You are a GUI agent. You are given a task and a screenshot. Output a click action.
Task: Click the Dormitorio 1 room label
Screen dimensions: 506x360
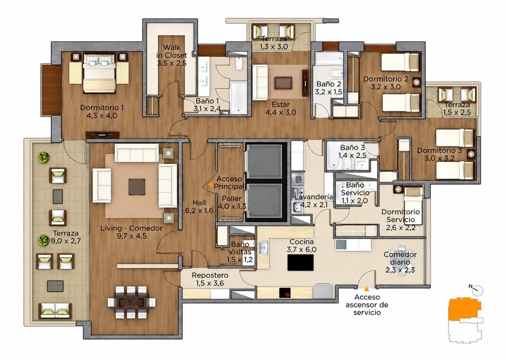[102, 111]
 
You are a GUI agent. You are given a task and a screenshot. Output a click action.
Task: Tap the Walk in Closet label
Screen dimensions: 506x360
[172, 55]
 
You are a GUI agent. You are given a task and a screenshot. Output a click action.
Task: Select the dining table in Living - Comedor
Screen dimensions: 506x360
[132, 302]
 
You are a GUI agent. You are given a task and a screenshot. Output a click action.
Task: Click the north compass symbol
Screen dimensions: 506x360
[476, 290]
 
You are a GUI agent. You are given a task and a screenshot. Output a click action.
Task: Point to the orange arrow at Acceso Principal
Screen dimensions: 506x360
[210, 184]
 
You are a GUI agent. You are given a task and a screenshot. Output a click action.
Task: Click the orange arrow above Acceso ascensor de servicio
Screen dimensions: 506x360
[366, 289]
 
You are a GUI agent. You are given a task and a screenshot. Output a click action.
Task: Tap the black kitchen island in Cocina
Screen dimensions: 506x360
[300, 263]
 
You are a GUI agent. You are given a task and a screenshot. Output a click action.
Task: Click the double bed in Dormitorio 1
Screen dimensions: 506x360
[100, 73]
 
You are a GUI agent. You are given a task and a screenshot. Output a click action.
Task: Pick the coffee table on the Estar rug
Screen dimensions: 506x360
[283, 83]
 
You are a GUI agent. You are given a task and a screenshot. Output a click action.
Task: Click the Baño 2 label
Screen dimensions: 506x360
[328, 88]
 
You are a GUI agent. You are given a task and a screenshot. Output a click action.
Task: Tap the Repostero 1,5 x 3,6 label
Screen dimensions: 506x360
[210, 279]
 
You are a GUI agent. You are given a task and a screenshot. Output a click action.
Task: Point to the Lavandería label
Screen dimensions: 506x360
[313, 197]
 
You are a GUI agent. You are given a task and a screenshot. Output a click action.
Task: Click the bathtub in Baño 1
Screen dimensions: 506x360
[239, 97]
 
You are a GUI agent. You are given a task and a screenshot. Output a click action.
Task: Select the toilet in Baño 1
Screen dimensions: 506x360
[239, 63]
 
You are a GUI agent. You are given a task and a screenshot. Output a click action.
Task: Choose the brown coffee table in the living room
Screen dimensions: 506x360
[137, 187]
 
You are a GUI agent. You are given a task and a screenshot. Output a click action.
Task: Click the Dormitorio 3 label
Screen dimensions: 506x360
[439, 154]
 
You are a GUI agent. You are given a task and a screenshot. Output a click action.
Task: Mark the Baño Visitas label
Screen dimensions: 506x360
[240, 252]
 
